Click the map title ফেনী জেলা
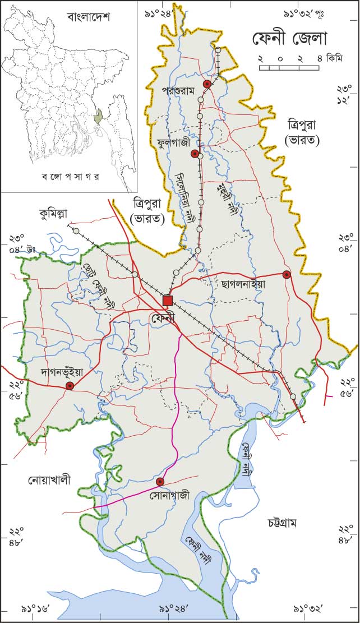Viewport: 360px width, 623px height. click(288, 39)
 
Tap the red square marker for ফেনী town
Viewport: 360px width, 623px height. click(167, 301)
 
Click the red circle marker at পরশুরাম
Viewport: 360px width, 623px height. click(207, 84)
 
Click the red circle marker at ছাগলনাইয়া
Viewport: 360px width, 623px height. click(287, 274)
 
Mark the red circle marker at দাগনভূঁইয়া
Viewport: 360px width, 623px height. click(70, 386)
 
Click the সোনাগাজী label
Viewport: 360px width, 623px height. click(170, 496)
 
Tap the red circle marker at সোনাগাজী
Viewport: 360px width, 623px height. click(160, 481)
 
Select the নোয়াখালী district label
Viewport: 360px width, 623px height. click(50, 480)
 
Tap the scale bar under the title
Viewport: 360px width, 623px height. click(289, 68)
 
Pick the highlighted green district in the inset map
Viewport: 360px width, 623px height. click(99, 117)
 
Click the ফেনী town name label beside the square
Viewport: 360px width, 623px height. click(163, 318)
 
